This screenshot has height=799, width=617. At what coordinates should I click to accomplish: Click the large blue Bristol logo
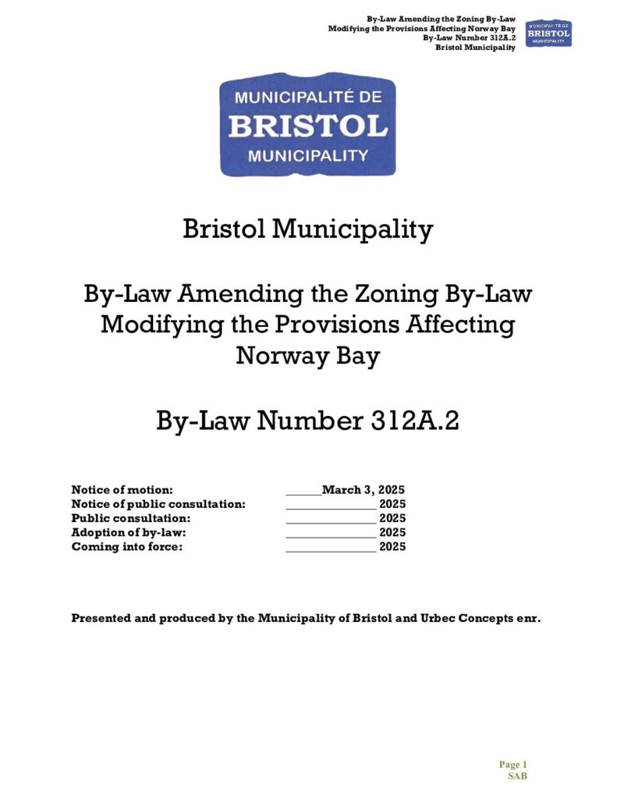[308, 125]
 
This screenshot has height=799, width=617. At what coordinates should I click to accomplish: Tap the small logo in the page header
[548, 33]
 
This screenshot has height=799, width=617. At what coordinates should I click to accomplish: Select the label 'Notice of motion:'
[122, 490]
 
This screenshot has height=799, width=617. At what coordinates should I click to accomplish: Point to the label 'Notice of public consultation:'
[158, 504]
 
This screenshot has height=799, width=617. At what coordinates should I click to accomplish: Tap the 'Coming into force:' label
[126, 547]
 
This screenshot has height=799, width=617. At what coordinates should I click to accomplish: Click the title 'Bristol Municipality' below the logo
[307, 229]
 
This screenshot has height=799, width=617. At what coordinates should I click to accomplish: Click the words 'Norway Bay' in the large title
[307, 357]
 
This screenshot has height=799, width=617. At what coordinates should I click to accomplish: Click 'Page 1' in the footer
[513, 765]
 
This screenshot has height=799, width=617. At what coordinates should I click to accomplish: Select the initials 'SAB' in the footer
[518, 776]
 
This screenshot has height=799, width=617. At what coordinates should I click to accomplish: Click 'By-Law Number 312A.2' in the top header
[470, 38]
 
